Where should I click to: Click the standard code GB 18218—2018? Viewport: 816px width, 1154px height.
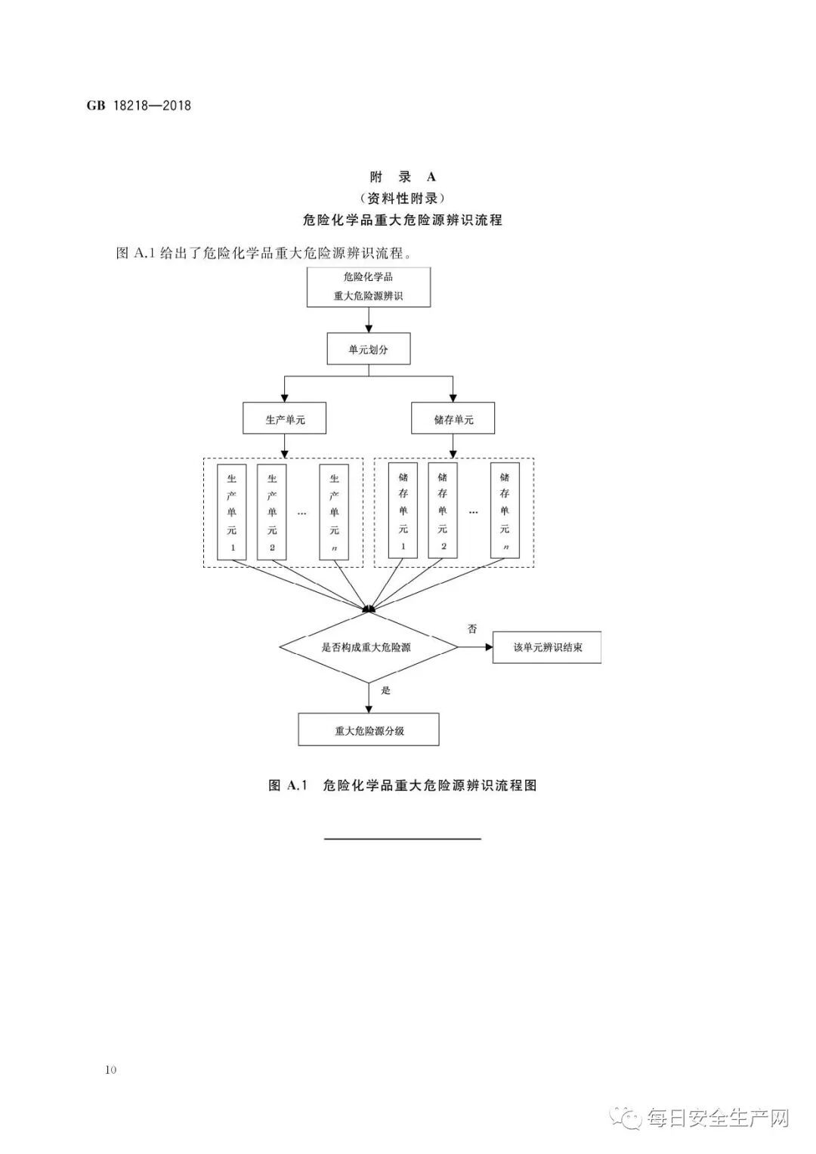pyautogui.click(x=139, y=106)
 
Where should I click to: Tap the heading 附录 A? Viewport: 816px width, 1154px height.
pyautogui.click(x=403, y=177)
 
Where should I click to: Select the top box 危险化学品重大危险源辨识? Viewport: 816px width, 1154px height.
pyautogui.click(x=369, y=287)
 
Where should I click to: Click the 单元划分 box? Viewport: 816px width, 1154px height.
pyautogui.click(x=369, y=350)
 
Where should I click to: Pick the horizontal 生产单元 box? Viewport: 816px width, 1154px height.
pyautogui.click(x=284, y=418)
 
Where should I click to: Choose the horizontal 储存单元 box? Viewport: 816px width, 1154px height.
pyautogui.click(x=453, y=418)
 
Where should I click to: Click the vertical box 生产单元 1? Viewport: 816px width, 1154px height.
pyautogui.click(x=232, y=512)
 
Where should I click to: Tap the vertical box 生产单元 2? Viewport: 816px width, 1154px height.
pyautogui.click(x=272, y=512)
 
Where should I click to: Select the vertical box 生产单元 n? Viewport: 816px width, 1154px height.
pyautogui.click(x=334, y=512)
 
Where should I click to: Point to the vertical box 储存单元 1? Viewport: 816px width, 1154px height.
pyautogui.click(x=403, y=512)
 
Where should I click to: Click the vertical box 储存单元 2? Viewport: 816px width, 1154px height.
pyautogui.click(x=443, y=512)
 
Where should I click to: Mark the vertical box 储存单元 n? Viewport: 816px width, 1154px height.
pyautogui.click(x=505, y=512)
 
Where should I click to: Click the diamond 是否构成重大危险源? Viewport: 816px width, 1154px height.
pyautogui.click(x=369, y=647)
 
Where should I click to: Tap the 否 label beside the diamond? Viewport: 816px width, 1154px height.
pyautogui.click(x=472, y=628)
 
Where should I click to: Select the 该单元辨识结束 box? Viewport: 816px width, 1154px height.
pyautogui.click(x=547, y=647)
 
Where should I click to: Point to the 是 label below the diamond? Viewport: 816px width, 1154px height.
pyautogui.click(x=386, y=691)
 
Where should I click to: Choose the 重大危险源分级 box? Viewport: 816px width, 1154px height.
pyautogui.click(x=369, y=730)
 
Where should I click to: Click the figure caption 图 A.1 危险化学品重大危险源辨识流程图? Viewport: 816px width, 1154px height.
pyautogui.click(x=403, y=785)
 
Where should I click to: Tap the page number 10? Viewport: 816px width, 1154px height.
pyautogui.click(x=111, y=1069)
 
